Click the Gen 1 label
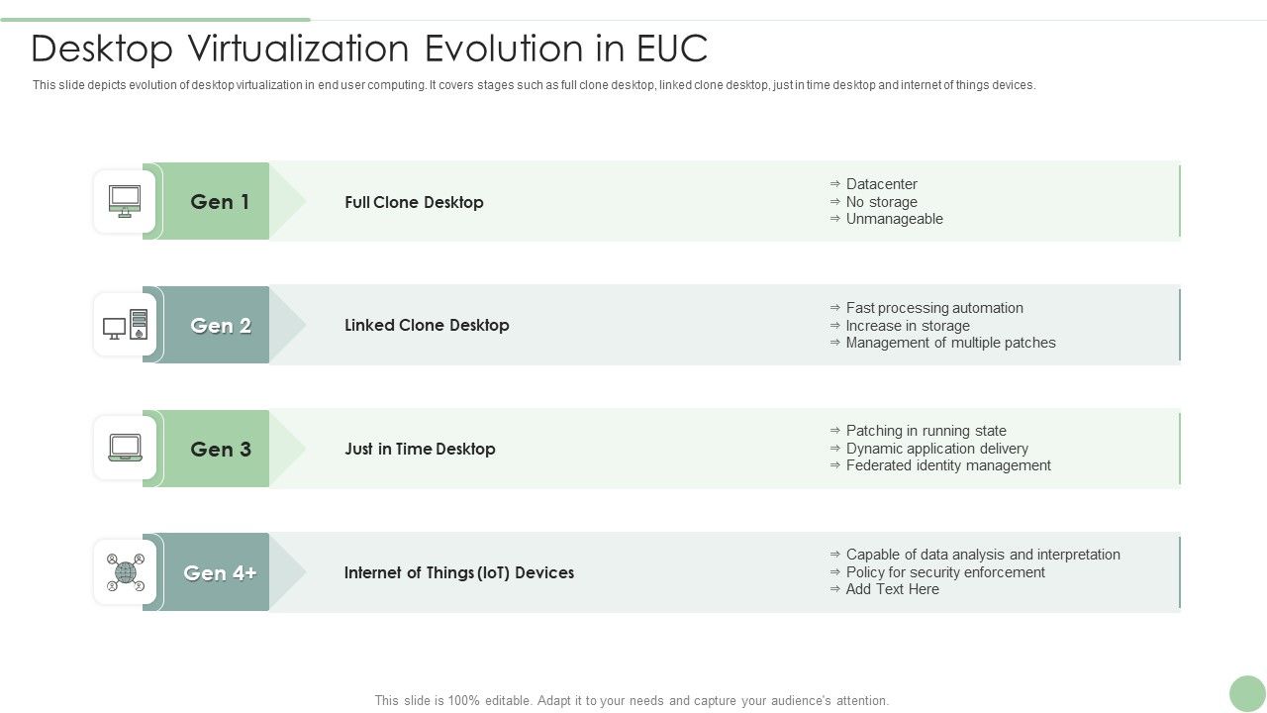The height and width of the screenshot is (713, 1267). [220, 202]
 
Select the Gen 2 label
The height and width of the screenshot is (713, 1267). [220, 326]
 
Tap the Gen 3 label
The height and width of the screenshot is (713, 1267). [220, 450]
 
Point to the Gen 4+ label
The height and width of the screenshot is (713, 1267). [220, 573]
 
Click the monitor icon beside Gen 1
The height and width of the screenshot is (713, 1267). [125, 201]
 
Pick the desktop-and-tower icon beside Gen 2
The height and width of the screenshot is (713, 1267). [125, 325]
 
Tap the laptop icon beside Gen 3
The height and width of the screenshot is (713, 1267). [125, 448]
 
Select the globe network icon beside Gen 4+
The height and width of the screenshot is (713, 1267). [125, 572]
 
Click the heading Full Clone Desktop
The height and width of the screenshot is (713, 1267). [414, 202]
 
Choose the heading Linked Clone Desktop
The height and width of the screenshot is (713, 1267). [427, 325]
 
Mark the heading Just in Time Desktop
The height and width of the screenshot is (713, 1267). [420, 449]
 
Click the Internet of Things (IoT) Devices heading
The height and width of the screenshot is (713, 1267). [459, 572]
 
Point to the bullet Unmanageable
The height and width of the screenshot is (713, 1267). [894, 219]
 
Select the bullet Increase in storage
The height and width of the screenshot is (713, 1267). [908, 326]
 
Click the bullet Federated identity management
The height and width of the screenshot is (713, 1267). [948, 465]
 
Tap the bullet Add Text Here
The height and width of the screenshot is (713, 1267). [892, 589]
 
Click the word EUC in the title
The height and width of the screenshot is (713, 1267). [671, 49]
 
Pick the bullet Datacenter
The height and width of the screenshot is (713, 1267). [881, 184]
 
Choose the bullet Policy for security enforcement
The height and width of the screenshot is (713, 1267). [945, 572]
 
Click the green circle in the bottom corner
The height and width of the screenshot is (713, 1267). [1247, 694]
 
